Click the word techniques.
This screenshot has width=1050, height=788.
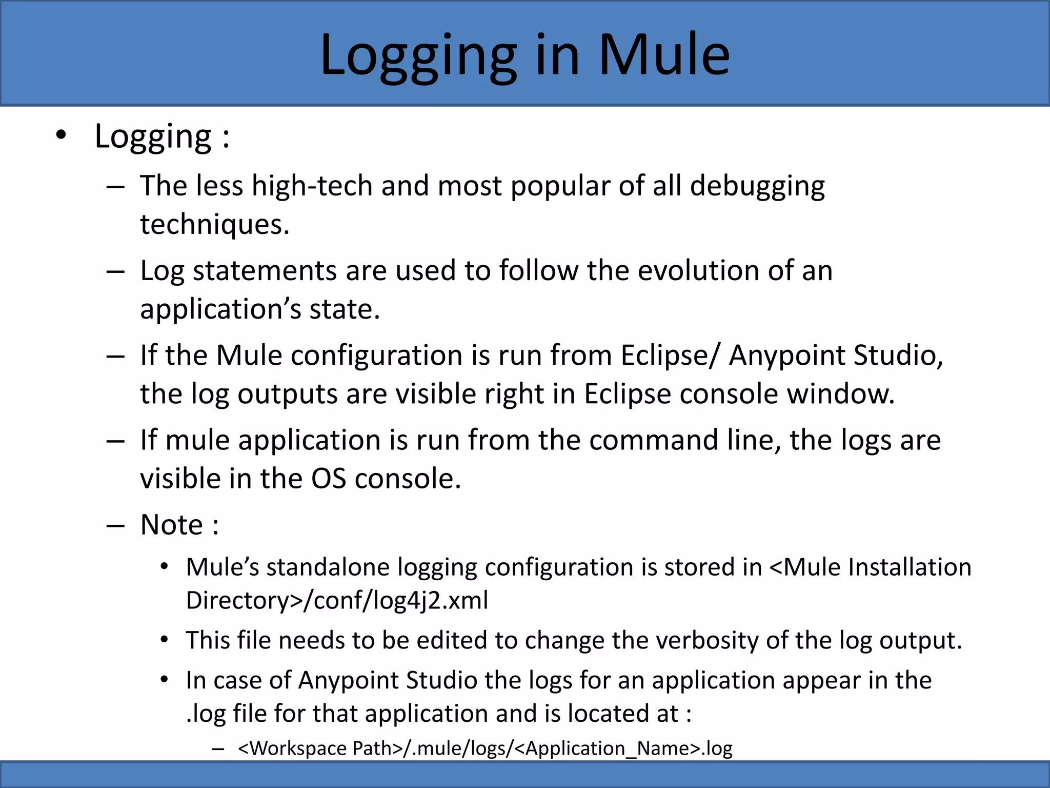coord(214,225)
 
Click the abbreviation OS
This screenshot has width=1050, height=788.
coord(328,479)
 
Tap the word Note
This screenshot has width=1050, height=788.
coord(171,525)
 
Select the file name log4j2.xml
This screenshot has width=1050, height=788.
coord(430,601)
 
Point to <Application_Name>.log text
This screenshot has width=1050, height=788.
coord(623,748)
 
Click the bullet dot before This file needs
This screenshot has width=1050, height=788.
coord(164,640)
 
